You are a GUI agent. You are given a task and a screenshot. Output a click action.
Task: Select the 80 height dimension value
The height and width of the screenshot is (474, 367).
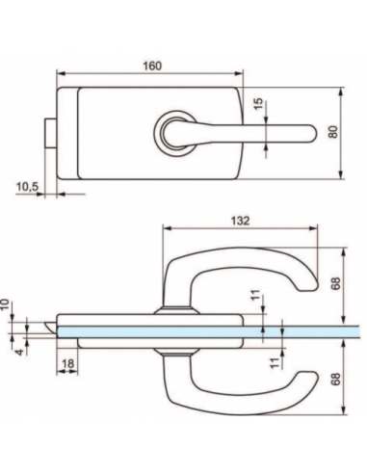coord(333,133)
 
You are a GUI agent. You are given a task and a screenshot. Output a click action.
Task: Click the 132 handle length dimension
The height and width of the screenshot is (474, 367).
coord(241,221)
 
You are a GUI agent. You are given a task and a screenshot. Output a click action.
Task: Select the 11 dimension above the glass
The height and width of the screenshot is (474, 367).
coord(255,300)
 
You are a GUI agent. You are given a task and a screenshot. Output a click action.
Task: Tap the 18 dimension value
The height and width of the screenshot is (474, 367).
coord(68,364)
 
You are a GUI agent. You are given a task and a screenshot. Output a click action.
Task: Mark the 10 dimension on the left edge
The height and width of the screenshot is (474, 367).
coord(7,303)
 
